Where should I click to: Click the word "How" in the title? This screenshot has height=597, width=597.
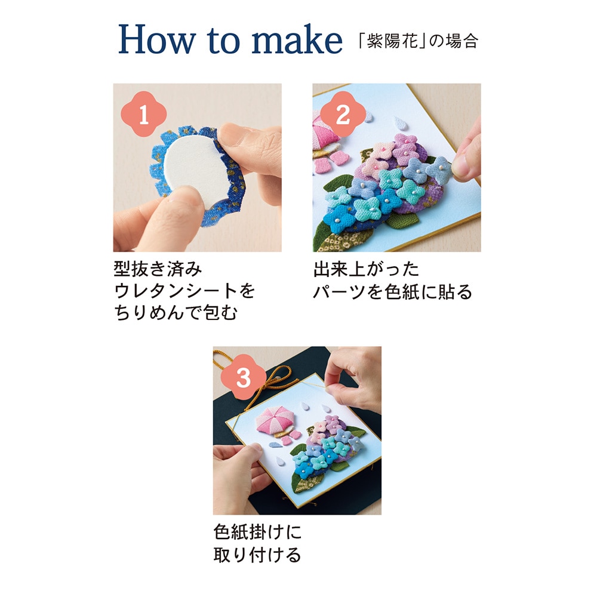pyautogui.click(x=157, y=39)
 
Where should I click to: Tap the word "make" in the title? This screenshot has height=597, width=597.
pyautogui.click(x=297, y=39)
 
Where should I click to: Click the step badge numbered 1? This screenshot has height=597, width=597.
pyautogui.click(x=143, y=114)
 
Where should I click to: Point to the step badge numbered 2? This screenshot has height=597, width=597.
pyautogui.click(x=343, y=114)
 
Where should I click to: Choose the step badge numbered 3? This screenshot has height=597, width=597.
pyautogui.click(x=244, y=377)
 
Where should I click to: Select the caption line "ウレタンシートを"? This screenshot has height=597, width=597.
pyautogui.click(x=184, y=291)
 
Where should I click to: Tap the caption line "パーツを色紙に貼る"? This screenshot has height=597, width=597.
pyautogui.click(x=393, y=292)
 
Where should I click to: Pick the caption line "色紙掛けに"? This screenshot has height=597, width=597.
pyautogui.click(x=257, y=532)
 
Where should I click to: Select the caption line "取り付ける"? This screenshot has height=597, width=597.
pyautogui.click(x=257, y=555)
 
